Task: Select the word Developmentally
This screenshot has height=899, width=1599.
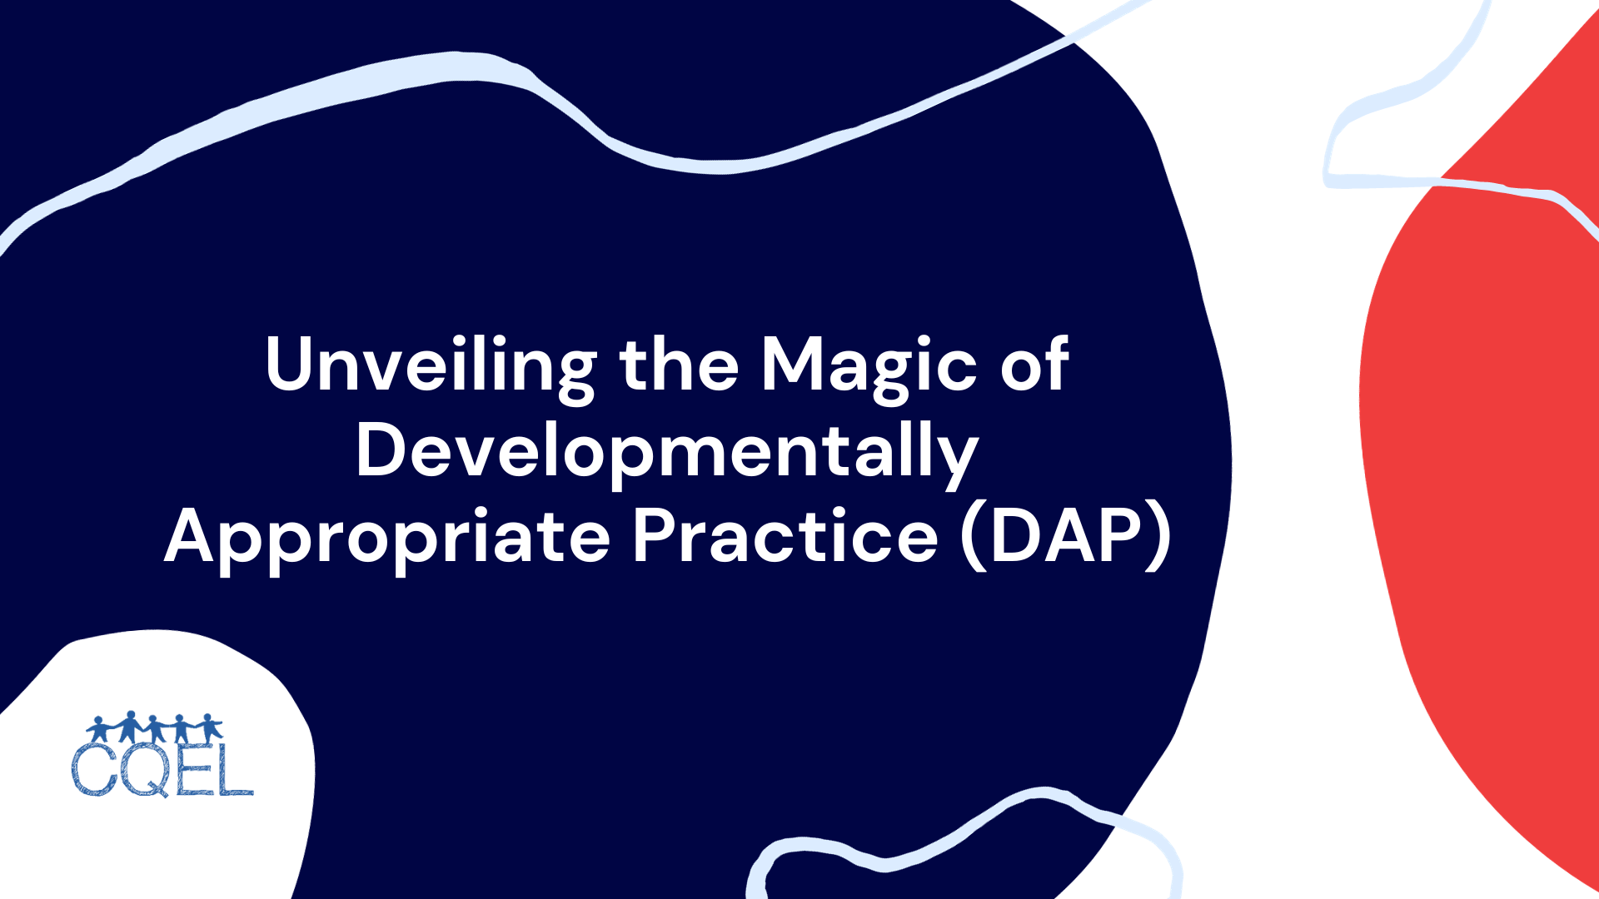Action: pyautogui.click(x=666, y=451)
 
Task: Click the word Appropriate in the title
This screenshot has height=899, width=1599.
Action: pyautogui.click(x=387, y=538)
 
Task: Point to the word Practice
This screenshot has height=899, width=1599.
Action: pyautogui.click(x=785, y=538)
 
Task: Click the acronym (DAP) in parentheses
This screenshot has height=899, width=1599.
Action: pyautogui.click(x=1066, y=538)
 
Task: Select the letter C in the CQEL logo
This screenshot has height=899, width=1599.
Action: pyautogui.click(x=94, y=769)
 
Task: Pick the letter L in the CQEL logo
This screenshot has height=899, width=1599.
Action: pyautogui.click(x=235, y=769)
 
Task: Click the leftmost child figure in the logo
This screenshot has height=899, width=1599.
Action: pyautogui.click(x=99, y=730)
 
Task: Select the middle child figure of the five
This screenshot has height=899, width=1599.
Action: pyautogui.click(x=155, y=729)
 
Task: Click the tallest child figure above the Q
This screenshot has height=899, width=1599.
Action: pyautogui.click(x=130, y=727)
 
